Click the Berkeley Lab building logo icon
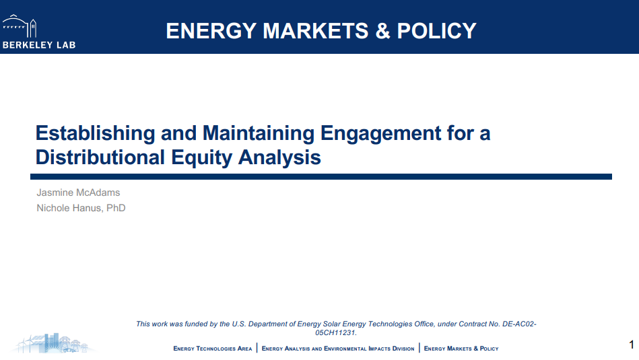[20, 26]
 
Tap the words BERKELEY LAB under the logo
[39, 45]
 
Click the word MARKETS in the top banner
[316, 31]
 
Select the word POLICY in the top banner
[437, 31]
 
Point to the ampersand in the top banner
[382, 31]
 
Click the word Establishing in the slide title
[96, 134]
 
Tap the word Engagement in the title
[380, 134]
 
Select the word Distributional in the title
[100, 157]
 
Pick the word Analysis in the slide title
[279, 158]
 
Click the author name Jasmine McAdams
[78, 192]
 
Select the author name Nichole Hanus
[69, 208]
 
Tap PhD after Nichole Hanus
[116, 208]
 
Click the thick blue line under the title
[321, 177]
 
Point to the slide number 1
[632, 345]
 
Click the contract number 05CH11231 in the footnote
[335, 332]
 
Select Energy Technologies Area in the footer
[213, 349]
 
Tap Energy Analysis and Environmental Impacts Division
[338, 349]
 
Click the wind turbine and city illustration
[53, 343]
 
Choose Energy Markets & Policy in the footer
[461, 349]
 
